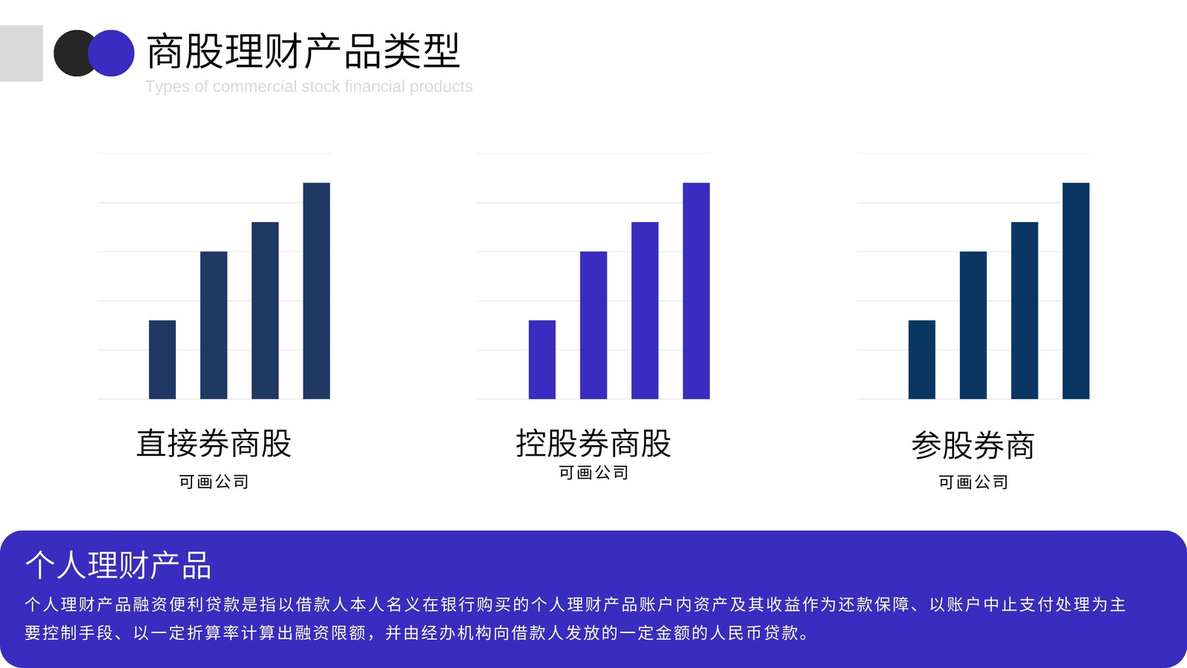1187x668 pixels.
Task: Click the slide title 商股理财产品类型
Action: (x=303, y=51)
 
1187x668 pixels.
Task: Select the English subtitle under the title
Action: (x=309, y=86)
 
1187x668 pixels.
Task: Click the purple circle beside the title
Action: (x=111, y=53)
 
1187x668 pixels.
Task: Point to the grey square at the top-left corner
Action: (x=22, y=53)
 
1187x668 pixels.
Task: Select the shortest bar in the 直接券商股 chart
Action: (x=162, y=359)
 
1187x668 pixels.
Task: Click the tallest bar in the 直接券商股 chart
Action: (x=316, y=290)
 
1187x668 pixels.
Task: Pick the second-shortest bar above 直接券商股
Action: (x=214, y=325)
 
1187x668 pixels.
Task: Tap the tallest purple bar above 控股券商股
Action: (x=697, y=290)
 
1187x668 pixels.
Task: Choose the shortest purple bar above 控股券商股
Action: (x=542, y=359)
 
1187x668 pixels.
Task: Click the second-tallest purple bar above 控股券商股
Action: (x=645, y=310)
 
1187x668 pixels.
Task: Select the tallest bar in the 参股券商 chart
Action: (x=1076, y=290)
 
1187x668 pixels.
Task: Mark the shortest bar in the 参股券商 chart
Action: (x=922, y=359)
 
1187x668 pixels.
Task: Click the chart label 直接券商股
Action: (x=214, y=443)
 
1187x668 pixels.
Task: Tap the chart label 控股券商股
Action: (x=593, y=443)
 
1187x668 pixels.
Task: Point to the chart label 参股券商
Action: (x=973, y=445)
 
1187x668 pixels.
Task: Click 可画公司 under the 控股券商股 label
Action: (x=593, y=472)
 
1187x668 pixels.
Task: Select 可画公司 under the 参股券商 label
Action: (x=973, y=482)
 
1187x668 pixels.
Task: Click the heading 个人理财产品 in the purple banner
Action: (x=118, y=565)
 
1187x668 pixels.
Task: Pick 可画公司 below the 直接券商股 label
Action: (x=214, y=482)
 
